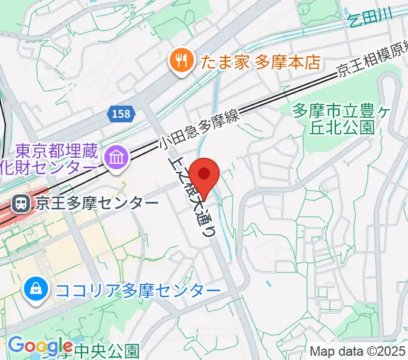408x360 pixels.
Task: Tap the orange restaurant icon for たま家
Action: tap(179, 61)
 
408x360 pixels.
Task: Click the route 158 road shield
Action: tap(121, 113)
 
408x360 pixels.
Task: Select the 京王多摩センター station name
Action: tap(97, 203)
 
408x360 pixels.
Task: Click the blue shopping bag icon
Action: tap(35, 290)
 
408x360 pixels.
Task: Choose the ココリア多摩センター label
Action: tap(137, 291)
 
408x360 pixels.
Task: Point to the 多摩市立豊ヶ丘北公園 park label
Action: tap(334, 118)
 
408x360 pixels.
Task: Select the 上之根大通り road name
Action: tap(191, 198)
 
